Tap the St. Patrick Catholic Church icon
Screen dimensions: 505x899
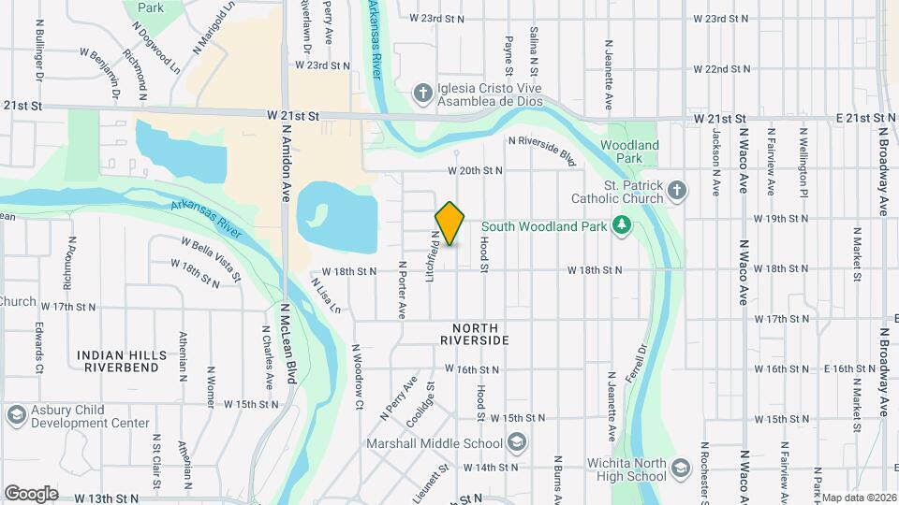[x=678, y=193]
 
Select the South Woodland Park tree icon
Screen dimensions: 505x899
[x=619, y=225]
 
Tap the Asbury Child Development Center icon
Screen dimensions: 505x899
[x=15, y=415]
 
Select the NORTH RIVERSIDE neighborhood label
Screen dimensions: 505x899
[x=480, y=335]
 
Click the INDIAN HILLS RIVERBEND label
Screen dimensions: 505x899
[x=123, y=361]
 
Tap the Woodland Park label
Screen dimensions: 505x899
[x=629, y=151]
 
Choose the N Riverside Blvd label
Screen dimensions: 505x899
[x=541, y=149]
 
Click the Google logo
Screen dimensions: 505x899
[x=31, y=493]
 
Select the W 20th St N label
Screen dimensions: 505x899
[x=475, y=171]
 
